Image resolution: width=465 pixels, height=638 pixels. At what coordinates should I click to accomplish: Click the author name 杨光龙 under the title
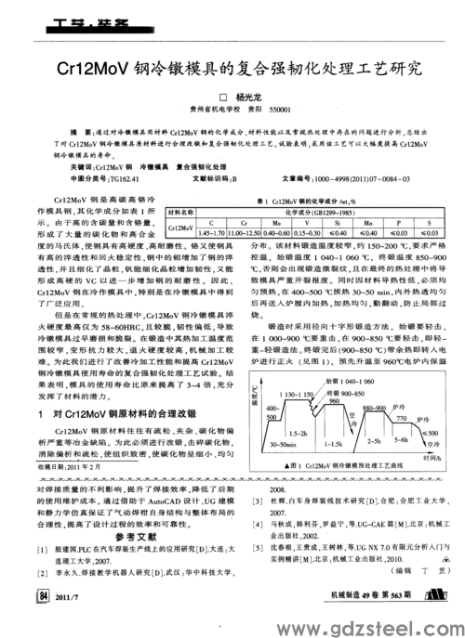tap(249, 96)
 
